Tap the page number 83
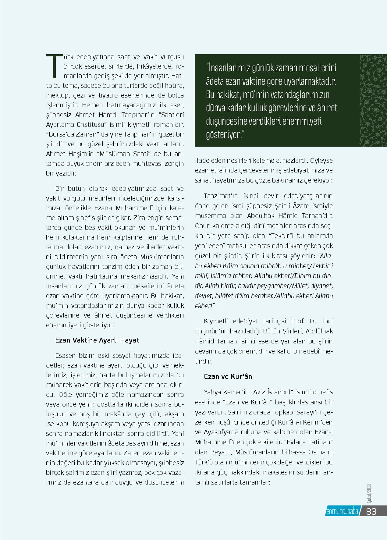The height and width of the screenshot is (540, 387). tap(371, 511)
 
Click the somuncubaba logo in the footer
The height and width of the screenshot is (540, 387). tap(342, 512)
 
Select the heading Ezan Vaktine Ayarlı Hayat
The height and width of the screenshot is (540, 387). tap(97, 340)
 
